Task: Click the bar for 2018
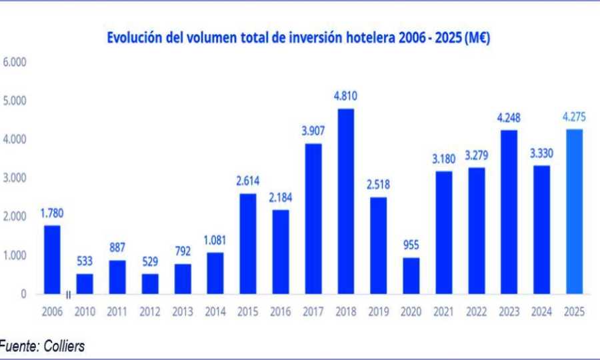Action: pyautogui.click(x=345, y=201)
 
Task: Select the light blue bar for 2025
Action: pyautogui.click(x=574, y=211)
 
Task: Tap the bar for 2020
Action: pyautogui.click(x=411, y=275)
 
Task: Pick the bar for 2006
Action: pyautogui.click(x=52, y=259)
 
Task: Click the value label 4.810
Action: pyautogui.click(x=345, y=97)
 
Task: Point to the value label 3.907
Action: pyautogui.click(x=313, y=131)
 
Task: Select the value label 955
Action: pyautogui.click(x=411, y=245)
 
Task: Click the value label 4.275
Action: pyautogui.click(x=574, y=117)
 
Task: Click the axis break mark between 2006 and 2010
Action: pyautogui.click(x=69, y=294)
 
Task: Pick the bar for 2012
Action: pyautogui.click(x=149, y=283)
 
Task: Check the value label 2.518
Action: pyautogui.click(x=378, y=185)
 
